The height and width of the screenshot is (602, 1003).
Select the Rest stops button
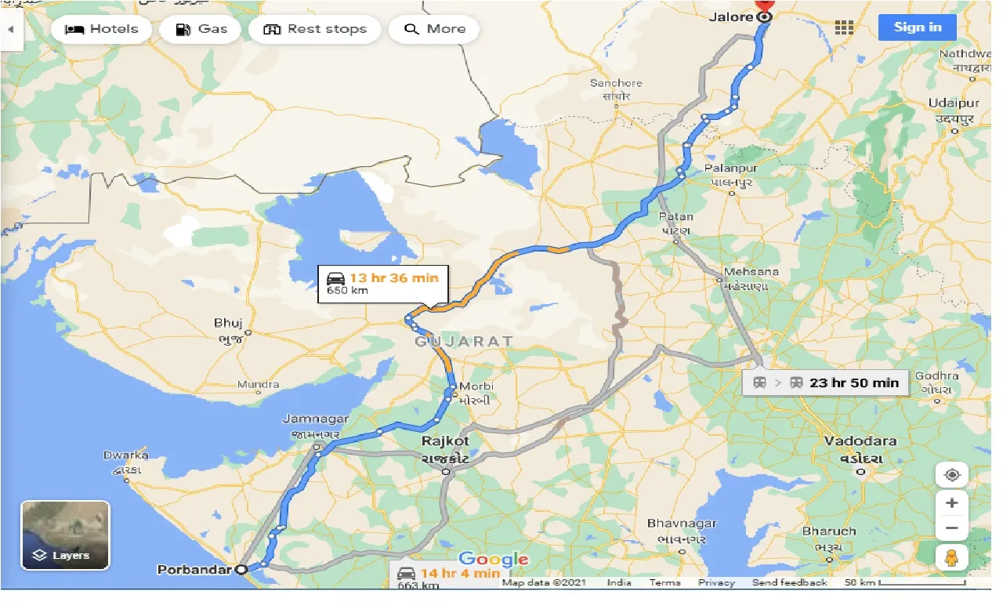tap(314, 30)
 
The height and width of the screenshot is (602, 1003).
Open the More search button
tap(434, 30)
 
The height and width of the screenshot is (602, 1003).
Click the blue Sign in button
tap(917, 27)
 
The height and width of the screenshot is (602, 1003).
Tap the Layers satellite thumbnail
tap(65, 535)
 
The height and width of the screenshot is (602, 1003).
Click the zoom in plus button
tap(951, 503)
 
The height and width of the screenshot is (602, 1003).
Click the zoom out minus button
tap(951, 528)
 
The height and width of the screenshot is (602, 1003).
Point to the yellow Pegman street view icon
tap(951, 557)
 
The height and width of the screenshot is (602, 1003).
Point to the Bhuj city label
tap(228, 323)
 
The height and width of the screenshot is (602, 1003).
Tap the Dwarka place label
tap(125, 455)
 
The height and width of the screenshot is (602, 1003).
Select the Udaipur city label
tap(953, 103)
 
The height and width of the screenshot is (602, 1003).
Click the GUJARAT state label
tap(464, 341)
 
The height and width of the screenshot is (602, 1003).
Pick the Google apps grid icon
tap(843, 28)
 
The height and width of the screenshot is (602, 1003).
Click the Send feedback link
tap(789, 582)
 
